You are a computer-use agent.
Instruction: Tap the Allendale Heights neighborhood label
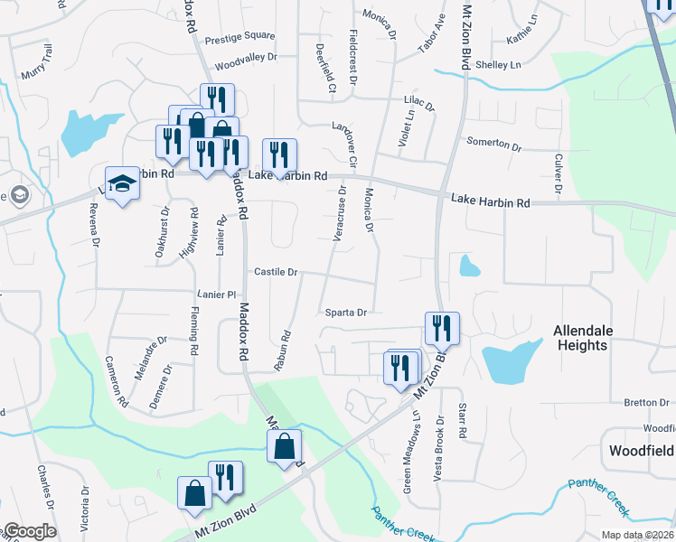click(580, 339)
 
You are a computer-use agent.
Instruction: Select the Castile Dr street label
click(276, 272)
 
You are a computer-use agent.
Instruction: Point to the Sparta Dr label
click(346, 313)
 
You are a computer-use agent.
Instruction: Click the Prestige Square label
click(239, 37)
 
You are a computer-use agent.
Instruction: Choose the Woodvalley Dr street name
click(245, 68)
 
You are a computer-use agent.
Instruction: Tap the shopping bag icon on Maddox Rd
click(284, 446)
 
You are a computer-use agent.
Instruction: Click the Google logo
click(29, 531)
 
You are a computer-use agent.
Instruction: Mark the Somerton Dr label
click(493, 144)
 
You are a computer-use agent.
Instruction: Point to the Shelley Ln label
click(499, 65)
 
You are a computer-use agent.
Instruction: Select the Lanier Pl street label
click(216, 294)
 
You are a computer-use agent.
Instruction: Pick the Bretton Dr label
click(645, 403)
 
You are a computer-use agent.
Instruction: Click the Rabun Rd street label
click(282, 350)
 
